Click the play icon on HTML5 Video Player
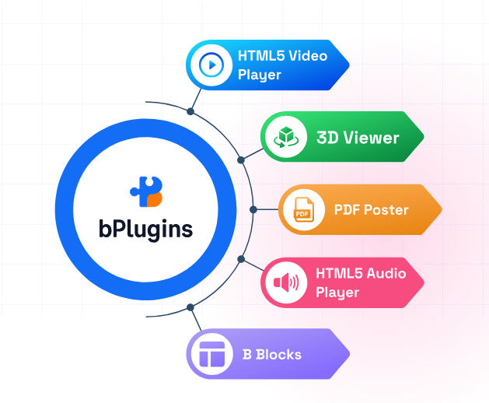tap(211, 65)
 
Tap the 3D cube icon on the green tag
tap(285, 138)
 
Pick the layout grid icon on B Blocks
tap(211, 355)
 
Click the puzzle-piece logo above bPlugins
tap(146, 191)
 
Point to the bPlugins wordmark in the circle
tap(146, 230)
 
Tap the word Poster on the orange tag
tap(387, 210)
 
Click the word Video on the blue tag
tap(309, 56)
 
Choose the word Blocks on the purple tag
tap(278, 355)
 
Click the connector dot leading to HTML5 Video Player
tap(190, 112)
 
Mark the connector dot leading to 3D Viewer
tap(241, 159)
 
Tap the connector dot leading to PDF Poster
tap(253, 210)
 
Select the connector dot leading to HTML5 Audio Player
tap(241, 259)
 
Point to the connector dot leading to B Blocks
tap(190, 307)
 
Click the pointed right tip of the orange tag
tap(441, 210)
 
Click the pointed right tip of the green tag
tap(424, 138)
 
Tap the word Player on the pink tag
tap(337, 293)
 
